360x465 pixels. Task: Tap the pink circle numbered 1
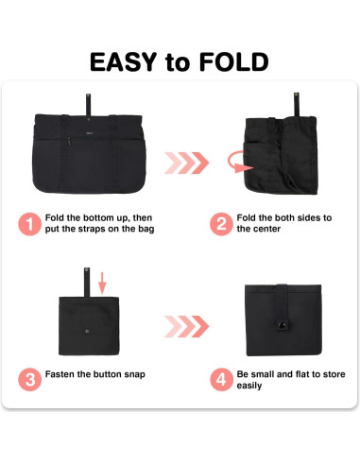[28, 224]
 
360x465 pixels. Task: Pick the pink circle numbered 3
[28, 380]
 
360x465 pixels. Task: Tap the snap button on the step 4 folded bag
[281, 325]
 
